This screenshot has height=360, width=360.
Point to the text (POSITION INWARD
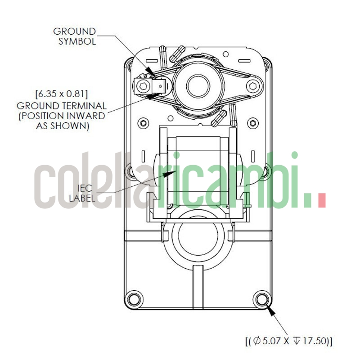(x=62, y=116)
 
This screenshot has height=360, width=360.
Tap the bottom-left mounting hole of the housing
(x=134, y=298)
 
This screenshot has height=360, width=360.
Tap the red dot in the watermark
(x=321, y=200)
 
